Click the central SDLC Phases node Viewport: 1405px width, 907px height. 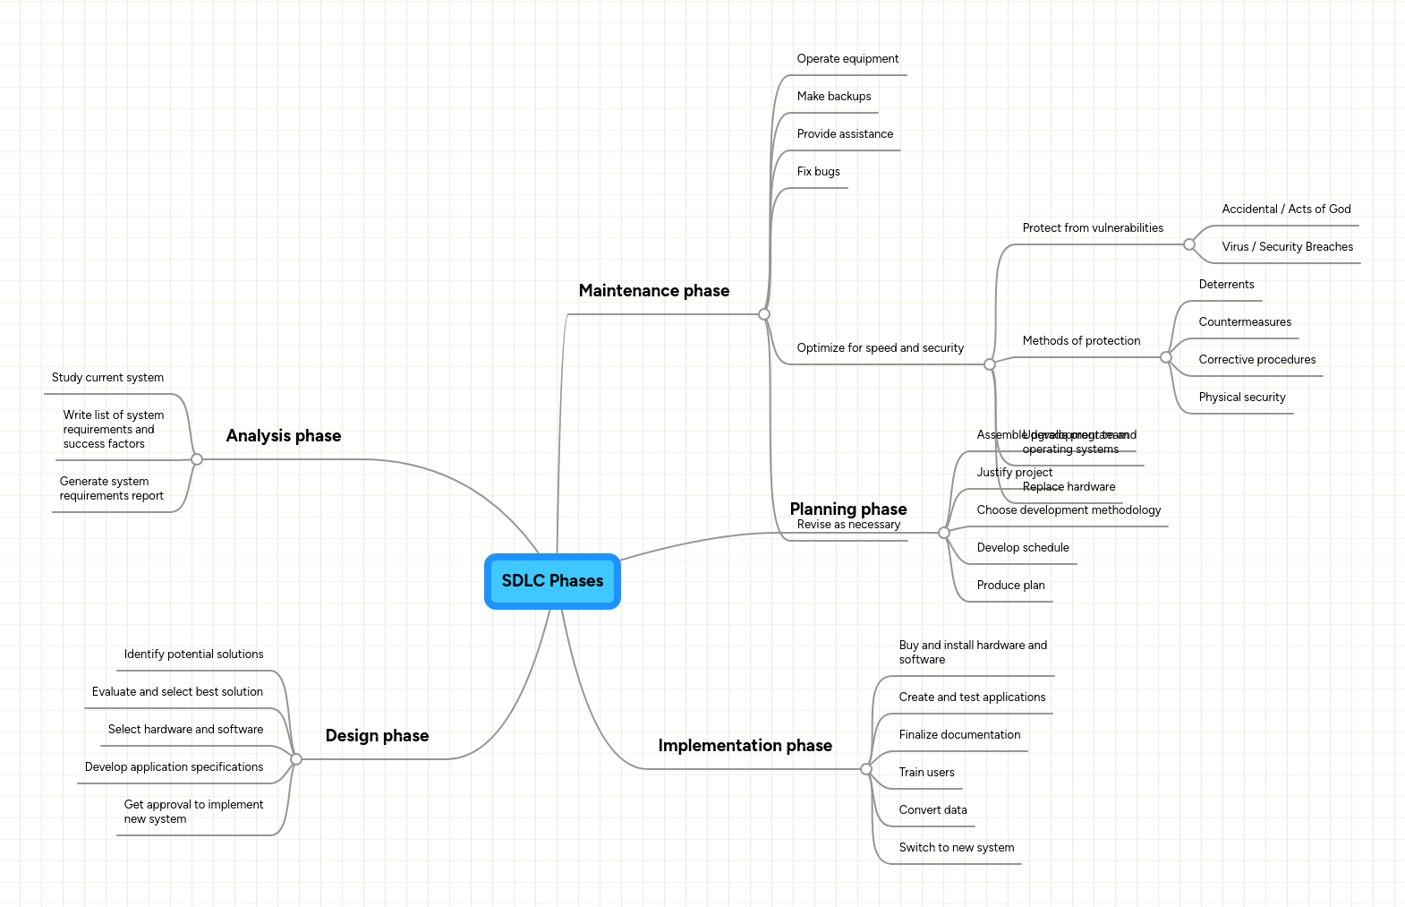pyautogui.click(x=552, y=581)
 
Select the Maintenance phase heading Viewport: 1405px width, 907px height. pyautogui.click(x=653, y=291)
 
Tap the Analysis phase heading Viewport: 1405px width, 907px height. pyautogui.click(x=283, y=436)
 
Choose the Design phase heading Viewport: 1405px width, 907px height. pyautogui.click(x=377, y=736)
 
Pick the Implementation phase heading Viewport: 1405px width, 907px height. pyautogui.click(x=745, y=746)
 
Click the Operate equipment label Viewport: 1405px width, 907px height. pyautogui.click(x=847, y=59)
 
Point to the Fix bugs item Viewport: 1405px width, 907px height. pyautogui.click(x=818, y=172)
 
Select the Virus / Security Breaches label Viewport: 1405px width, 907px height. pyautogui.click(x=1287, y=247)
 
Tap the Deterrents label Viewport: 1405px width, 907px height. pyautogui.click(x=1226, y=285)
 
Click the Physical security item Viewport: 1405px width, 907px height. pyautogui.click(x=1241, y=398)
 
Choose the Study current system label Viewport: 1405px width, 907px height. pyautogui.click(x=107, y=378)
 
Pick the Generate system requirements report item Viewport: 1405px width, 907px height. pyautogui.click(x=111, y=489)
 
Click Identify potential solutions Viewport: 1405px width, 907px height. pyautogui.click(x=193, y=655)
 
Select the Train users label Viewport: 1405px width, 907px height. pyautogui.click(x=926, y=773)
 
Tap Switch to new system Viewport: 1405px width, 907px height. pyautogui.click(x=956, y=848)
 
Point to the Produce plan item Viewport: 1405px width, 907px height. pyautogui.click(x=1010, y=586)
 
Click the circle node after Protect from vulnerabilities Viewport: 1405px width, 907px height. pyautogui.click(x=1189, y=244)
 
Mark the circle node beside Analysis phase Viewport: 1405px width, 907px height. pyautogui.click(x=197, y=459)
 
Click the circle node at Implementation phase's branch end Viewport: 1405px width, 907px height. pyautogui.click(x=865, y=769)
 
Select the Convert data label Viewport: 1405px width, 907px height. pyautogui.click(x=932, y=810)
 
